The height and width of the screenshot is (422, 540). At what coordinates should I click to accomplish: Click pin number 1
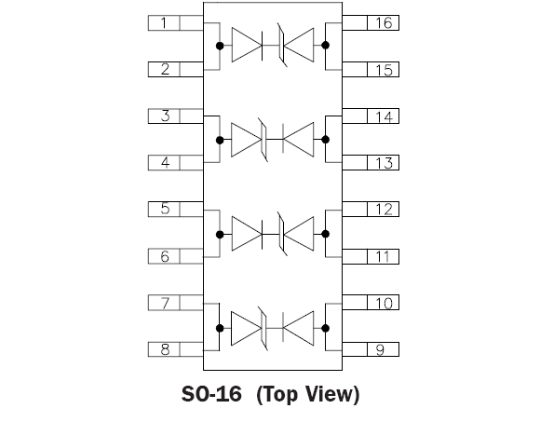[164, 23]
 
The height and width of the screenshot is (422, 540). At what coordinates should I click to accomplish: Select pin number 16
[384, 23]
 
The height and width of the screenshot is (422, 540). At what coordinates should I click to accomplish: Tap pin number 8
[166, 349]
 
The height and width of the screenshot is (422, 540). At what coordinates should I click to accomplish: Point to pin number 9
[380, 349]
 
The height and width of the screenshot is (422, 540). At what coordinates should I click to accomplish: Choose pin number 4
[166, 162]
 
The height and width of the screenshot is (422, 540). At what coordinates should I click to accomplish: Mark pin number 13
[384, 163]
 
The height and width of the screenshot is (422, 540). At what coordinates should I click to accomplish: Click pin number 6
[165, 256]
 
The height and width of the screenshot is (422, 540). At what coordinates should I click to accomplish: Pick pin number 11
[383, 256]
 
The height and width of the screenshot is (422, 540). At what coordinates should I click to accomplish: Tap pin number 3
[166, 116]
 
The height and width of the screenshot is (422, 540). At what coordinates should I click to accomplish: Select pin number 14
[384, 116]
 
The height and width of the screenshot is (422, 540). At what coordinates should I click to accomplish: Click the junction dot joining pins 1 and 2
[220, 46]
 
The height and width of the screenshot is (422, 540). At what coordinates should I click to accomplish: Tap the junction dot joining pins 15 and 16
[325, 45]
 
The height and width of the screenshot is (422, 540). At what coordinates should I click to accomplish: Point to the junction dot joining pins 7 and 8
[220, 328]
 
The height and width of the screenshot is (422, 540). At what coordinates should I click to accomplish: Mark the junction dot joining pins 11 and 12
[325, 234]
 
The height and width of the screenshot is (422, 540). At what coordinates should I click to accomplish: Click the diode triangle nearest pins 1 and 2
[247, 45]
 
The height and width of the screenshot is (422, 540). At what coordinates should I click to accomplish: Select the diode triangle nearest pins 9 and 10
[298, 328]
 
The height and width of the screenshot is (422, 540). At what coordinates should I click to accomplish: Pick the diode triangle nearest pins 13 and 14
[298, 140]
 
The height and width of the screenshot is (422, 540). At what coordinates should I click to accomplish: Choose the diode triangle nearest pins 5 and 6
[247, 234]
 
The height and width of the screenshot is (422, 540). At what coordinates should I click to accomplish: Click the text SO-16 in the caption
[211, 394]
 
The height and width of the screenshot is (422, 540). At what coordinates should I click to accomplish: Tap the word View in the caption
[330, 394]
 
